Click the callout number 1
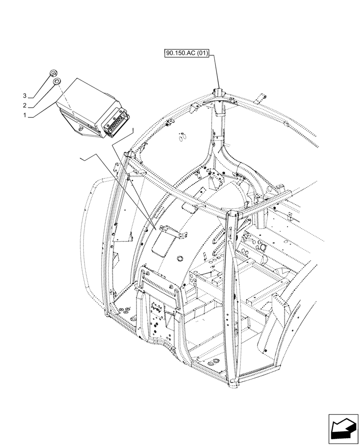click(25, 116)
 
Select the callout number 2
click(25, 106)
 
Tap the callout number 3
click(25, 96)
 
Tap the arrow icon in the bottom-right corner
click(343, 428)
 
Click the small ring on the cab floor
click(263, 247)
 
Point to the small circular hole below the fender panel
click(180, 258)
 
